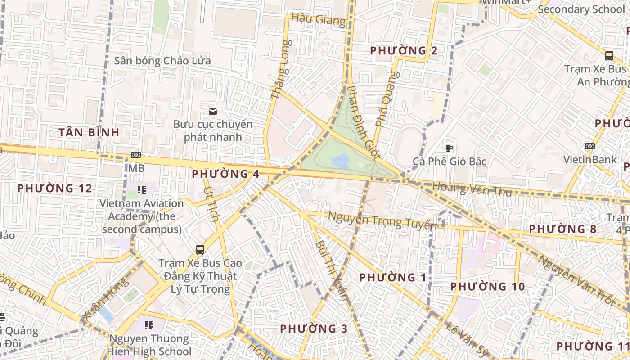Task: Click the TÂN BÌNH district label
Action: (x=89, y=132)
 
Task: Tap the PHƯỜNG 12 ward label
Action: (x=54, y=188)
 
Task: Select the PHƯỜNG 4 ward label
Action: (x=225, y=174)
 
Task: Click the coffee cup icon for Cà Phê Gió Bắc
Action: (x=449, y=148)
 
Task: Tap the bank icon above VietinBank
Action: (x=589, y=146)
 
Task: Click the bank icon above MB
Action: (x=136, y=155)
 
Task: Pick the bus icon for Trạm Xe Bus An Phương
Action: (x=609, y=56)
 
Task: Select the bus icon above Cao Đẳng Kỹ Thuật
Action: (x=200, y=249)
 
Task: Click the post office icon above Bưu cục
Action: (x=213, y=111)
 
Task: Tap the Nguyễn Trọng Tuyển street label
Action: (x=382, y=220)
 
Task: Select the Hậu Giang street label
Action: (x=318, y=19)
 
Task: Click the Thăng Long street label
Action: (x=281, y=70)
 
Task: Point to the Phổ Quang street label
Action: (x=385, y=105)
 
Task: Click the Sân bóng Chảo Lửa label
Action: (x=162, y=61)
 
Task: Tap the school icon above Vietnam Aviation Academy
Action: (x=142, y=190)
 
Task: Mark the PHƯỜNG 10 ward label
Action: (x=487, y=286)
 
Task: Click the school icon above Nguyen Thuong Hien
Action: (x=148, y=325)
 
